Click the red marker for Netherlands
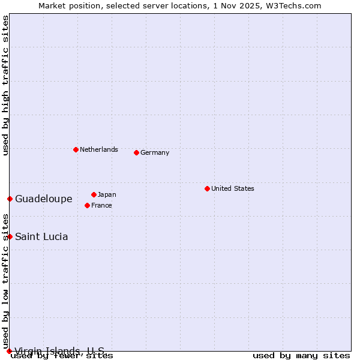tap(76, 149)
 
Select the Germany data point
tap(136, 152)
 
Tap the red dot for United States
tap(207, 188)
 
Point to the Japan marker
tap(94, 194)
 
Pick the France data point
tap(87, 205)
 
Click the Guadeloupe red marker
tap(10, 199)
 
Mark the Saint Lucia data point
tap(10, 236)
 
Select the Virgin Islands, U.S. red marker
tap(9, 351)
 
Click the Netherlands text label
tap(98, 149)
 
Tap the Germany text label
tap(155, 152)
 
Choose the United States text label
tap(232, 188)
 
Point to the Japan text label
tap(107, 194)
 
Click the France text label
tap(101, 205)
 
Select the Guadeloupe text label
tap(43, 199)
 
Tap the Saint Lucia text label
tap(41, 236)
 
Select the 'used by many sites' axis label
tap(301, 355)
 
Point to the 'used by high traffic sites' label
tap(5, 85)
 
